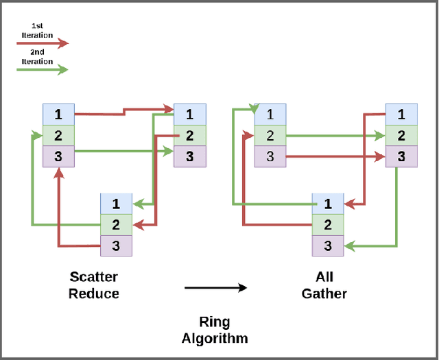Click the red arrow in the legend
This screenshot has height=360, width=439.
point(42,43)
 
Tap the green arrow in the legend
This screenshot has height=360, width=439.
point(42,69)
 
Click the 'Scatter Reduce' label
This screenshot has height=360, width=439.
point(93,285)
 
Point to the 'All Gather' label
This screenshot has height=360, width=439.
point(324,285)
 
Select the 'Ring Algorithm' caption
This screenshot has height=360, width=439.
point(214,330)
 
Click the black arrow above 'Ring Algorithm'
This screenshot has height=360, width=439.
point(215,288)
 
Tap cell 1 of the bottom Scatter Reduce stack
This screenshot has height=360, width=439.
point(116,204)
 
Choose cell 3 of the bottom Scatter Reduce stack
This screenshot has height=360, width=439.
point(116,245)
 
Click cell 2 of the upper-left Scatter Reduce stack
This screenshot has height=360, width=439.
point(58,135)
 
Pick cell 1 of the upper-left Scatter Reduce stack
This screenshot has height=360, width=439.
point(58,115)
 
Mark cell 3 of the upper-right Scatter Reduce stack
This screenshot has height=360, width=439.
point(189,156)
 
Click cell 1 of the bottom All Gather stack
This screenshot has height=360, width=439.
point(327,204)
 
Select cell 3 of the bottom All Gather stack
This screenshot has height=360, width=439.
point(327,245)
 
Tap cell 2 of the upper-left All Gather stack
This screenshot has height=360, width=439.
point(270,136)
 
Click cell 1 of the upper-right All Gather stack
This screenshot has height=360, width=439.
point(401,115)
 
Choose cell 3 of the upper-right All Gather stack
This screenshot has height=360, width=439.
point(401,156)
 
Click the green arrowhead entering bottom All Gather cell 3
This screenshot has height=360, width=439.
point(348,245)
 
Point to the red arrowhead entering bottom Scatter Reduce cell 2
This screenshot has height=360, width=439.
point(137,224)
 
